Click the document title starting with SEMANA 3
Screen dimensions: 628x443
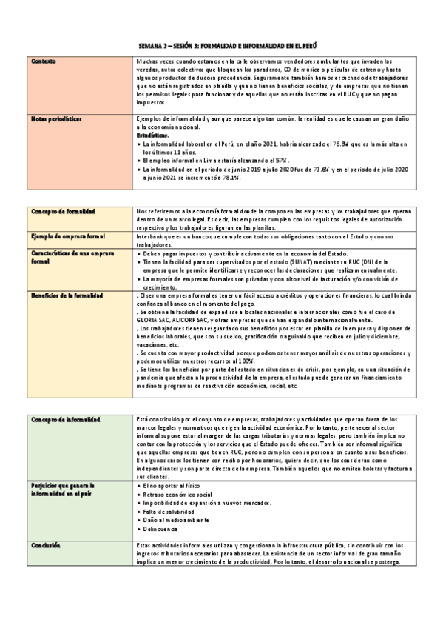221,45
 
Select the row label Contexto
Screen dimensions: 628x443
44,61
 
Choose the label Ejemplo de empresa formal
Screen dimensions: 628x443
68,236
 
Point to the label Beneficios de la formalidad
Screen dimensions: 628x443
67,295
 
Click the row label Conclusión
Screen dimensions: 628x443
46,545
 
